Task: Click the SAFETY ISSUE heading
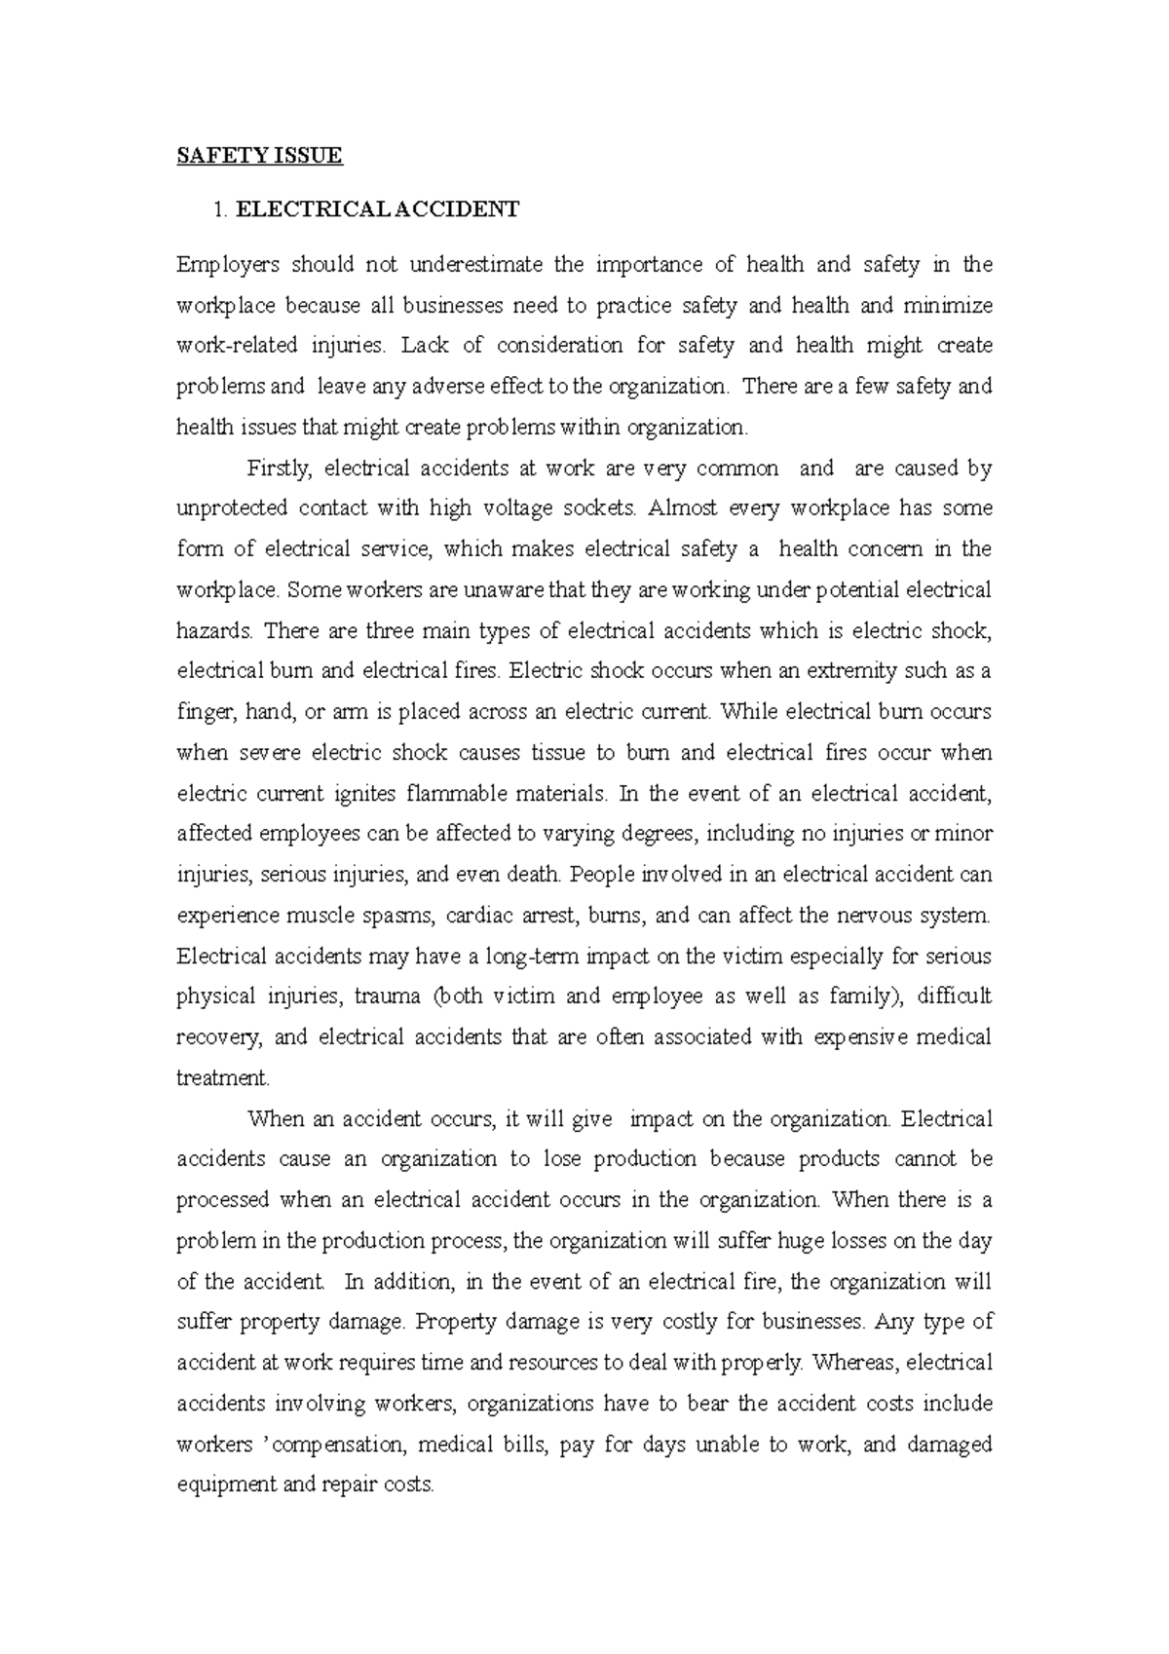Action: click(260, 156)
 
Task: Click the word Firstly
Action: click(281, 469)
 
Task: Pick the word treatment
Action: click(222, 1078)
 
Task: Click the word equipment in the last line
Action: click(223, 1486)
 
